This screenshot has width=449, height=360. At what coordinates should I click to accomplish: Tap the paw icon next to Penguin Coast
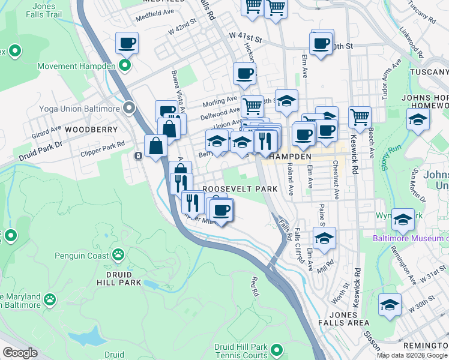pos(118,254)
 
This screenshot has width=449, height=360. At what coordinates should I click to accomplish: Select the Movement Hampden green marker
pos(125,65)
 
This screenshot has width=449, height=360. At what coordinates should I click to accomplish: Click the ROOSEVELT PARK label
pos(240,188)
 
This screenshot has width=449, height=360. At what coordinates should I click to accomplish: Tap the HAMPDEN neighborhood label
pos(290,156)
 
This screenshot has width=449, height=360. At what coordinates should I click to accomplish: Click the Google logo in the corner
pos(19,352)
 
